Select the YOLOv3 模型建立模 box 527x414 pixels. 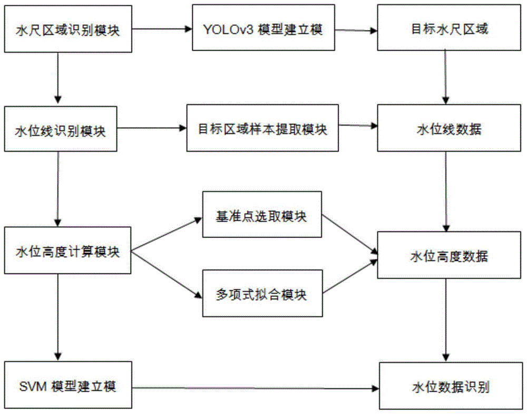point(263,29)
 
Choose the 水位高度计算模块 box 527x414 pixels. point(67,251)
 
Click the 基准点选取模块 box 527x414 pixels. point(261,217)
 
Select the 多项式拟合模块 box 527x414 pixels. point(261,294)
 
